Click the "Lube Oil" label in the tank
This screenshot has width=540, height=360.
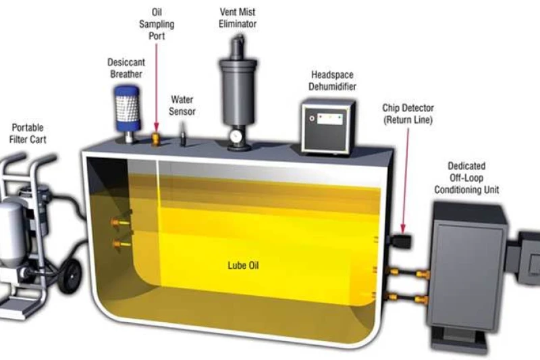(243, 265)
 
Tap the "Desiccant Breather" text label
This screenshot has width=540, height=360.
(126, 68)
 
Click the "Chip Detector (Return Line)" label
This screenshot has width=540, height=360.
(408, 113)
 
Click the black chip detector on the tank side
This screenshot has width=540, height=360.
(402, 241)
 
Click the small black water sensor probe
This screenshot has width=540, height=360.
(182, 140)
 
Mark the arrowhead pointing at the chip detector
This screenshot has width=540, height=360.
(404, 227)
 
